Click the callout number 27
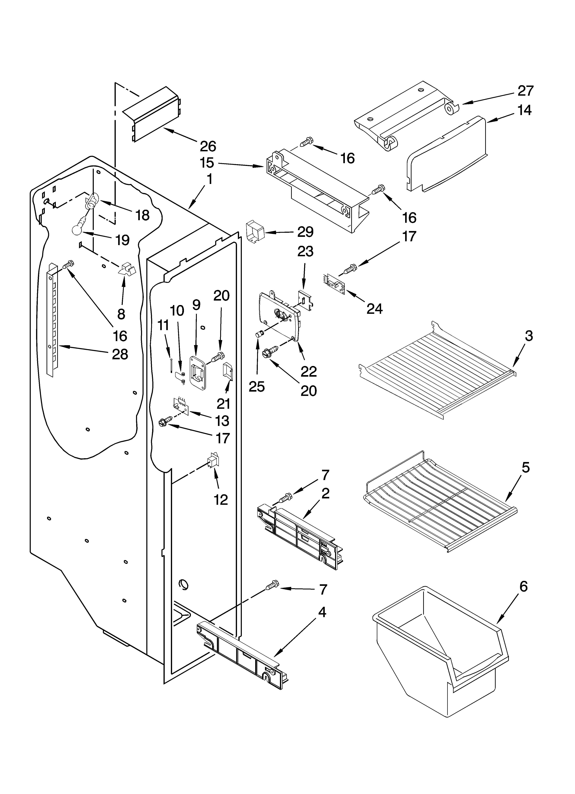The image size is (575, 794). click(525, 91)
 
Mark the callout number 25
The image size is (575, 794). click(257, 386)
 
